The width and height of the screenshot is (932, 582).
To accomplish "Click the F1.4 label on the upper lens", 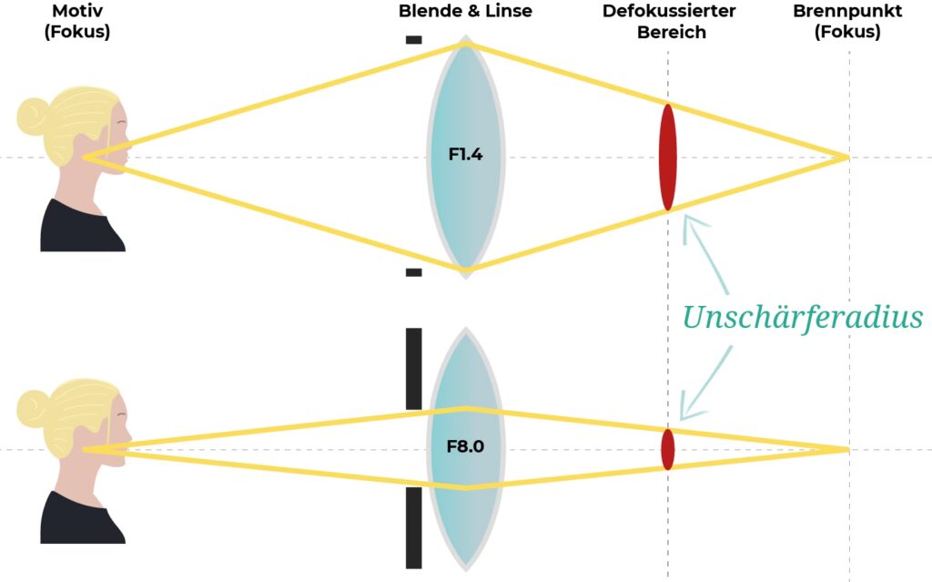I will click(x=465, y=155).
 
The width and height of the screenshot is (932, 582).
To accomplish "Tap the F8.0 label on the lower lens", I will click(x=465, y=447).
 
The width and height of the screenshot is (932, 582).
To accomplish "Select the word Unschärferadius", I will click(x=802, y=318).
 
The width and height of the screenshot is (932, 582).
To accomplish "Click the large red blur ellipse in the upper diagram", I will click(x=668, y=158).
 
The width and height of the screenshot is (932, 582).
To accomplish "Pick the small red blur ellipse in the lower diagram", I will click(x=668, y=449).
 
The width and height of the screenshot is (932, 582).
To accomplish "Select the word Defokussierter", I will click(x=669, y=12).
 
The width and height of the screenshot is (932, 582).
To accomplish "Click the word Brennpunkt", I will click(x=846, y=12).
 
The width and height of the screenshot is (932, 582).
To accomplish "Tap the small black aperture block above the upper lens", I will click(x=413, y=39).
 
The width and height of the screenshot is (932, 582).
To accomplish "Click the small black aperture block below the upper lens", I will click(x=413, y=271).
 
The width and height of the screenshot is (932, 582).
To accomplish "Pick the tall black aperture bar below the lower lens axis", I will click(x=413, y=528).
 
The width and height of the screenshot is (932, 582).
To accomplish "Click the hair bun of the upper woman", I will click(x=33, y=116).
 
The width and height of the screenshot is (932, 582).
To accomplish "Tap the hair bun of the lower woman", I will click(x=33, y=407).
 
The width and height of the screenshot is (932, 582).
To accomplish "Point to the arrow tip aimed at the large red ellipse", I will click(x=687, y=220).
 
